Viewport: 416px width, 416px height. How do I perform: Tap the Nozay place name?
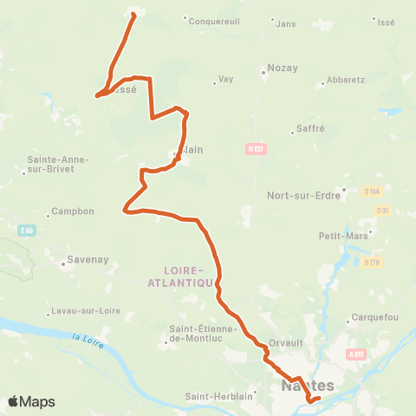point(282,67)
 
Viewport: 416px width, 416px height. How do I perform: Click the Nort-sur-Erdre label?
point(301,195)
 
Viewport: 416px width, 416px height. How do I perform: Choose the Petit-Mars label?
point(339,235)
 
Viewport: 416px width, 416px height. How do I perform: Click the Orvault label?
point(285,341)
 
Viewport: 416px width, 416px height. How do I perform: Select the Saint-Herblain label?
point(218,397)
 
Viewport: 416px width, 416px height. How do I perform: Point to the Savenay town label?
point(87,259)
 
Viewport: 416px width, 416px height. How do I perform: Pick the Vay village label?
point(225,79)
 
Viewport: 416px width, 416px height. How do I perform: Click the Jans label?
point(285,23)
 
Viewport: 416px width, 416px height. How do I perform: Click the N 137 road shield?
point(254,150)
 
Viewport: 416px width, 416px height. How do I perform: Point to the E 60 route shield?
point(29,230)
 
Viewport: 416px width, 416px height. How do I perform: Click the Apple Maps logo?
point(30,401)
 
